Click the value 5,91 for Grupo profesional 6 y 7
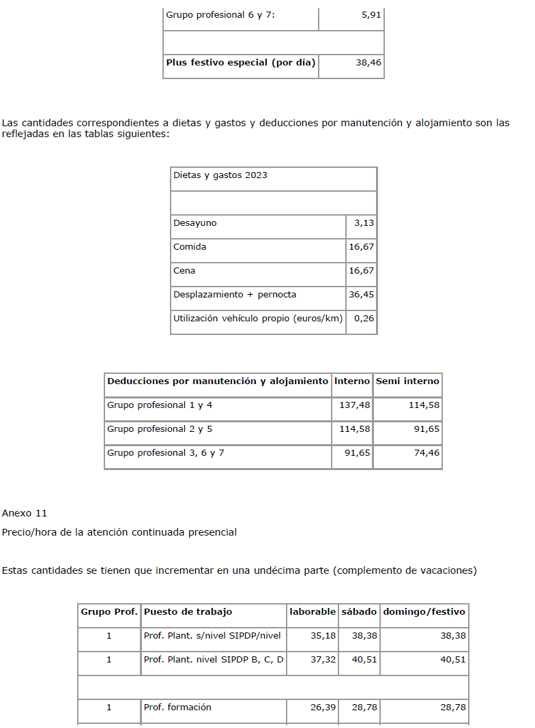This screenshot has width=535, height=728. tap(371, 14)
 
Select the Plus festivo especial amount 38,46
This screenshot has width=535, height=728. tap(368, 63)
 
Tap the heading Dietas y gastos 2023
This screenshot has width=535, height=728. tap(220, 175)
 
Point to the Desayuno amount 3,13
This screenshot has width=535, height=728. tap(364, 223)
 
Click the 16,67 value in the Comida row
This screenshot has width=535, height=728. tap(361, 247)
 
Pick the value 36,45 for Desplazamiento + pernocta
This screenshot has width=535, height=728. tap(361, 295)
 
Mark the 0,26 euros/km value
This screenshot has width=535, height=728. tap(364, 319)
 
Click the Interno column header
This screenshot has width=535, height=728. tap(352, 381)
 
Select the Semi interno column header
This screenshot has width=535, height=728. tap(407, 381)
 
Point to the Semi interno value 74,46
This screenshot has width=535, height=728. tap(426, 453)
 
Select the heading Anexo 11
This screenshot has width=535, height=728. tap(24, 513)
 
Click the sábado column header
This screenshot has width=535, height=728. tap(359, 612)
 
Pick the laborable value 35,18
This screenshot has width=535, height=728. tap(323, 636)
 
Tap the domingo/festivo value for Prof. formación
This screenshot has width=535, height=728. tap(453, 708)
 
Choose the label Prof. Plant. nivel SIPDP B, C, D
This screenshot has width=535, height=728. tap(214, 660)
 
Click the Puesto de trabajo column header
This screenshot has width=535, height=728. tap(188, 612)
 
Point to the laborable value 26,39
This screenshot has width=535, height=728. tap(323, 708)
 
